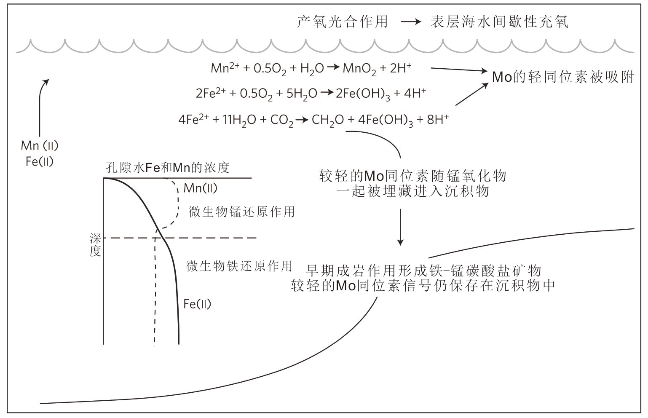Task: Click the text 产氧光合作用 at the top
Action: click(342, 21)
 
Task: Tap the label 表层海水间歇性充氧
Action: click(499, 21)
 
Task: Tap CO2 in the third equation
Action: click(281, 121)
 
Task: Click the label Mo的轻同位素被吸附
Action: click(563, 77)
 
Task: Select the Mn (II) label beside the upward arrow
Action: click(40, 146)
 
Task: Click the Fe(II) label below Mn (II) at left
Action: click(40, 161)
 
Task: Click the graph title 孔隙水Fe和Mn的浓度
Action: click(168, 168)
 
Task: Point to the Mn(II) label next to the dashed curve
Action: click(201, 188)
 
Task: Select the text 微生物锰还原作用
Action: click(241, 211)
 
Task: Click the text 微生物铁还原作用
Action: click(239, 266)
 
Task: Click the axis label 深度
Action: click(95, 245)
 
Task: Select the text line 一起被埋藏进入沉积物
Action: click(413, 191)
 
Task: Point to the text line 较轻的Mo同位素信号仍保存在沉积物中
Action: click(423, 286)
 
